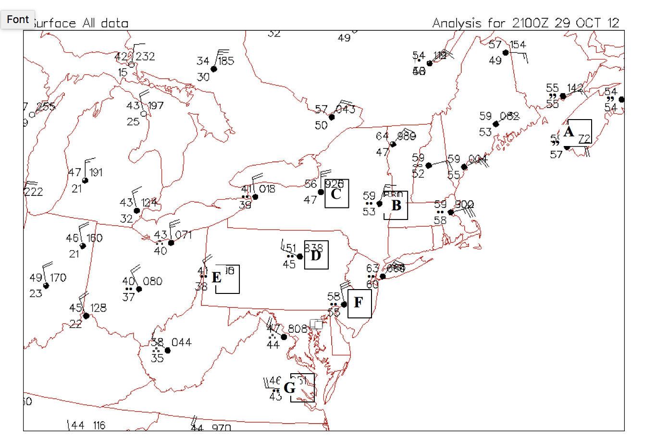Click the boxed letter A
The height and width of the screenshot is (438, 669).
click(x=569, y=132)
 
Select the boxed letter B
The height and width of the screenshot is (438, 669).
click(x=396, y=206)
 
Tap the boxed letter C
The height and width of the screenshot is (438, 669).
click(x=336, y=194)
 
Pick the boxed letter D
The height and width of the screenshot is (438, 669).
click(x=316, y=255)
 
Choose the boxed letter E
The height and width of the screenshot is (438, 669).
click(x=217, y=278)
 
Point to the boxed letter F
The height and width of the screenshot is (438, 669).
click(x=359, y=303)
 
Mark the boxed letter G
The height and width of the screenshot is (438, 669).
click(x=289, y=388)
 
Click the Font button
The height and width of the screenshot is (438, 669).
click(x=18, y=20)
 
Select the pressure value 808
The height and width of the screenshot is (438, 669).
click(x=297, y=329)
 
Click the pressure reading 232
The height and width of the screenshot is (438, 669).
click(x=145, y=57)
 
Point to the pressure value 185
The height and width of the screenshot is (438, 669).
click(x=226, y=61)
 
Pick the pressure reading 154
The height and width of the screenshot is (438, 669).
click(x=518, y=45)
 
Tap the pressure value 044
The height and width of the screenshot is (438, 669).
click(x=182, y=342)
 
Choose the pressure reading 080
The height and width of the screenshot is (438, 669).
click(x=153, y=281)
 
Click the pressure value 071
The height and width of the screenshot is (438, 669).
click(x=184, y=235)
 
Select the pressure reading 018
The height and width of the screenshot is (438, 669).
click(x=267, y=189)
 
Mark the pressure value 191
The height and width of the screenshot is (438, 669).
click(x=96, y=172)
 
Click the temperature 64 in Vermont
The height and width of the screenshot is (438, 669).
click(x=382, y=136)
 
